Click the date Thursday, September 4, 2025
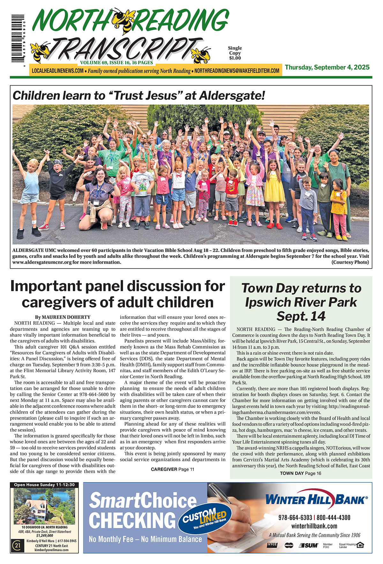[x=327, y=67]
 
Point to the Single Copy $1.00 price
[x=235, y=53]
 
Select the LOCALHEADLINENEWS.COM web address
[x=58, y=71]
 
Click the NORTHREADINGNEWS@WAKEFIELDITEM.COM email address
[x=237, y=71]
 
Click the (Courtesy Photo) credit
[x=350, y=262]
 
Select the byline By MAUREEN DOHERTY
[x=63, y=317]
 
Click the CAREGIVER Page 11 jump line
[x=172, y=469]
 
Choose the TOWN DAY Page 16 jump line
[x=300, y=473]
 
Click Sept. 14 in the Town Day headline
[x=301, y=316]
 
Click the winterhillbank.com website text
[x=314, y=526]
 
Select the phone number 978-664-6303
[x=295, y=517]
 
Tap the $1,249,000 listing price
[x=44, y=536]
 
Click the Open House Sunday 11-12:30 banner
[x=44, y=485]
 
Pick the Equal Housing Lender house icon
[x=360, y=545]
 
